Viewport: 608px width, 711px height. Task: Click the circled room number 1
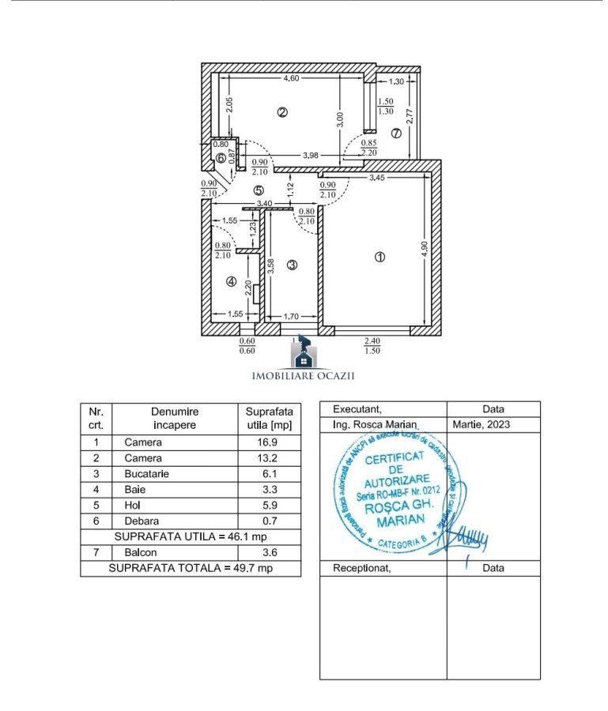380,257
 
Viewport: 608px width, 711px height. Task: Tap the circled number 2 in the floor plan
282,112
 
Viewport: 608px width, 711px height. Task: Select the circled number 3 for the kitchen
292,265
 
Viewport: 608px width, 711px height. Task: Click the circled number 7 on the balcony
396,134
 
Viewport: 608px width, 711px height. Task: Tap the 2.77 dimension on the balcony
410,116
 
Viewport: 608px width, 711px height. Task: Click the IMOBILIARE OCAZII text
303,376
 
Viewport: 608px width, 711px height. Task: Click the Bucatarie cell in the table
146,474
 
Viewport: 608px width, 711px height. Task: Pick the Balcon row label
140,552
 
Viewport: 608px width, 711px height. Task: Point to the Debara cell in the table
142,521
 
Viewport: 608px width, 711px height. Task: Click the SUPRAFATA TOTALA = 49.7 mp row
191,568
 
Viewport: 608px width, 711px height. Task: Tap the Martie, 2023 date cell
481,425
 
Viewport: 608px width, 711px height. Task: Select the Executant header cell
357,409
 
